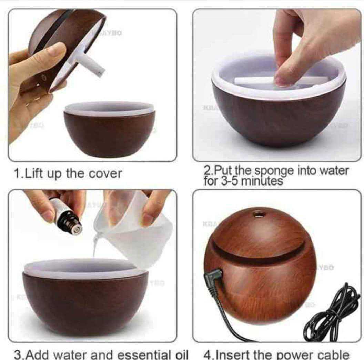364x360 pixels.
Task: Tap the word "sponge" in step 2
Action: [274, 171]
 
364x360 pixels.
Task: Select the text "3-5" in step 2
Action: [227, 181]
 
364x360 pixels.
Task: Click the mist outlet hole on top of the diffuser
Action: [257, 215]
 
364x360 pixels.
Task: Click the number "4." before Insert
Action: [208, 354]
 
